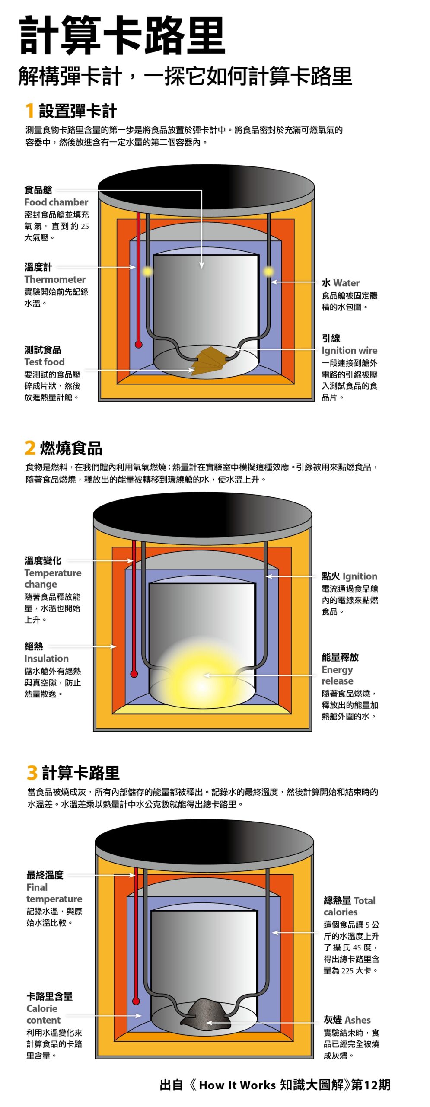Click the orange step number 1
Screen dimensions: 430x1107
click(29, 111)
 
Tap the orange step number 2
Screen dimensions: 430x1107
click(30, 448)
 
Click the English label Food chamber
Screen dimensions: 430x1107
click(56, 202)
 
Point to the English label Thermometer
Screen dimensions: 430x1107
click(55, 279)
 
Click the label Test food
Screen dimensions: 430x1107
click(45, 362)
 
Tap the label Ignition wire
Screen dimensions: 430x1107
click(349, 350)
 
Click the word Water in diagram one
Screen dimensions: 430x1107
click(346, 283)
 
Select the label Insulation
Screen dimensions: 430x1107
click(46, 659)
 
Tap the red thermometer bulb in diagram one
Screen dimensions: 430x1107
click(139, 344)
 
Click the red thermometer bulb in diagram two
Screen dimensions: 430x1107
click(134, 674)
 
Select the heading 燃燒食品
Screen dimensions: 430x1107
click(71, 448)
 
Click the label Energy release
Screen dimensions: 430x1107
click(338, 675)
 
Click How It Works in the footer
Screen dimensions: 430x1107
click(237, 1085)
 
